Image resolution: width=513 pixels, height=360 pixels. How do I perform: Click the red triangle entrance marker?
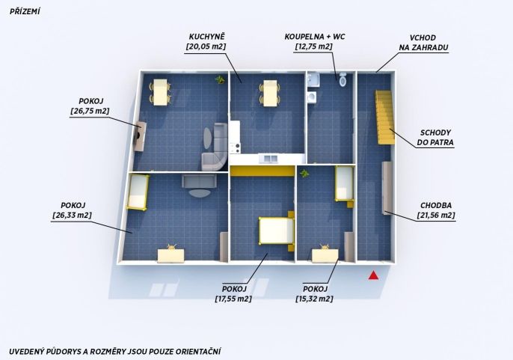click(x=373, y=275)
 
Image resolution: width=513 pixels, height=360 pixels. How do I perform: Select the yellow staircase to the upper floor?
click(x=385, y=118)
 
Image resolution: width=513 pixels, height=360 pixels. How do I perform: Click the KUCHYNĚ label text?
click(x=206, y=37)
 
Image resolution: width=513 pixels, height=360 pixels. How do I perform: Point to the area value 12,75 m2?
click(x=314, y=46)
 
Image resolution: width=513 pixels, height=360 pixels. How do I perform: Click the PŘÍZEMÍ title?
click(x=25, y=11)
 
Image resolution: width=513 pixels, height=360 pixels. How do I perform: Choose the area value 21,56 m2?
click(x=436, y=216)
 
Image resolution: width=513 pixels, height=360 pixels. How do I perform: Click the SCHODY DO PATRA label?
click(x=435, y=138)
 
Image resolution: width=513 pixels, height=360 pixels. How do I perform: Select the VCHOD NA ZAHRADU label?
click(x=423, y=43)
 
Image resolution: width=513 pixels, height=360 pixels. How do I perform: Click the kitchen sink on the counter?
click(x=268, y=159)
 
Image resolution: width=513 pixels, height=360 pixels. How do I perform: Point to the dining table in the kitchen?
click(x=270, y=93)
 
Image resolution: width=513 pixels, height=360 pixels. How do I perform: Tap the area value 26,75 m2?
click(x=90, y=111)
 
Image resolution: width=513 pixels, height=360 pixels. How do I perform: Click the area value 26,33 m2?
click(x=72, y=216)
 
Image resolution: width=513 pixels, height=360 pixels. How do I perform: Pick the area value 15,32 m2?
click(x=314, y=299)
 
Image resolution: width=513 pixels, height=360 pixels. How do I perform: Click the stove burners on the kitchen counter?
click(x=235, y=148)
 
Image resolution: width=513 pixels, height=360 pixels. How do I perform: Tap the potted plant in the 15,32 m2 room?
click(x=304, y=174)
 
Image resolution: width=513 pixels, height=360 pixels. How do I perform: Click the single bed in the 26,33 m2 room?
click(x=138, y=192)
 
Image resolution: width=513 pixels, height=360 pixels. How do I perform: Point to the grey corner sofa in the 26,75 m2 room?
click(x=216, y=147)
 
